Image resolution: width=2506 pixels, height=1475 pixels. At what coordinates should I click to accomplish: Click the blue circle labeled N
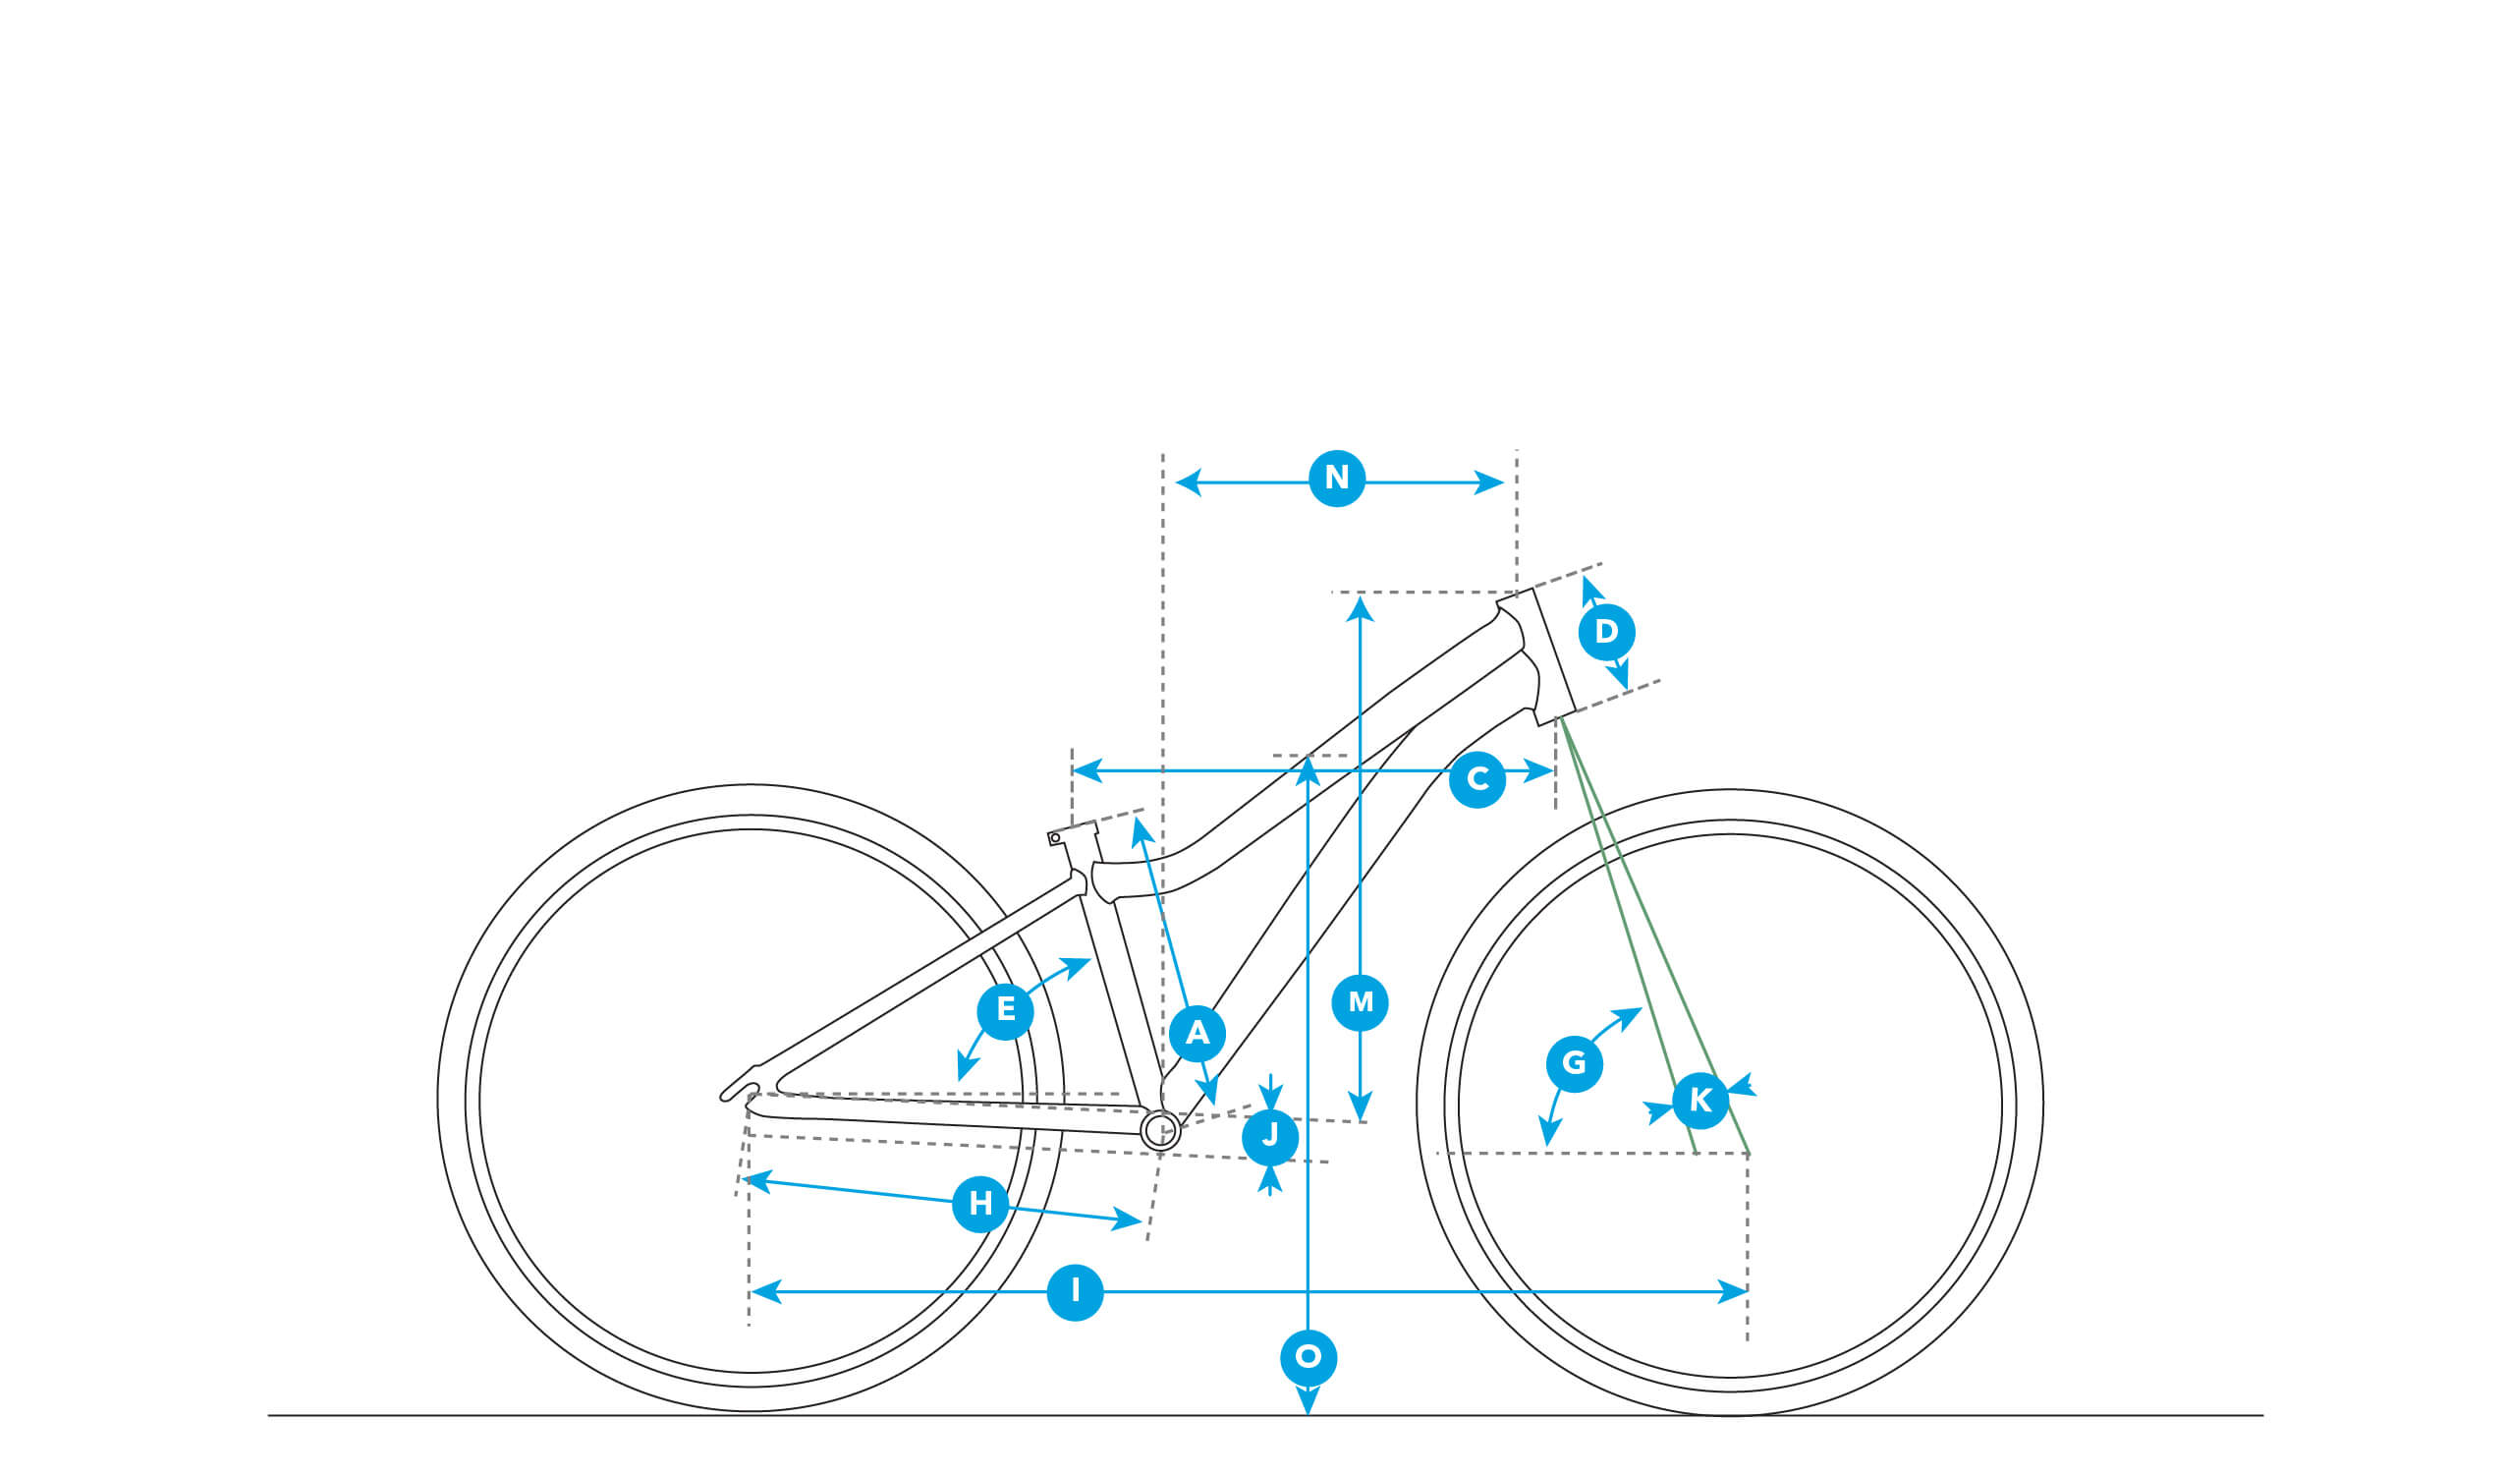[x=1337, y=479]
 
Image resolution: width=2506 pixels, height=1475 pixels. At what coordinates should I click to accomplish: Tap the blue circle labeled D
[x=1606, y=632]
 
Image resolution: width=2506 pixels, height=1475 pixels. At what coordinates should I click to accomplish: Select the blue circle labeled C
[x=1476, y=779]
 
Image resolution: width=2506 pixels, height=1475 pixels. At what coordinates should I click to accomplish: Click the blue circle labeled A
[x=1197, y=1034]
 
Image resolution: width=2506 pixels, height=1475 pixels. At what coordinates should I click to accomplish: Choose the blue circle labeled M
[x=1360, y=1002]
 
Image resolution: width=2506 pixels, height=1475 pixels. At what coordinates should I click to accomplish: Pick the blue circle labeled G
[x=1574, y=1063]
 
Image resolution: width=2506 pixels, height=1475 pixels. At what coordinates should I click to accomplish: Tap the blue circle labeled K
[x=1700, y=1100]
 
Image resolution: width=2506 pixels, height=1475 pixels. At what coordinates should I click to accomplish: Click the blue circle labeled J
[x=1270, y=1136]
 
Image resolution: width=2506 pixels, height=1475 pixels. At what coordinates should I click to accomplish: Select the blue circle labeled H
[x=980, y=1204]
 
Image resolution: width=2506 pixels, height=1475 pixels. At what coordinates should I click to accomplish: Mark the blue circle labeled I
[x=1075, y=1292]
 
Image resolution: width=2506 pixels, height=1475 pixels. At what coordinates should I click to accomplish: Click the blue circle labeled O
[x=1309, y=1357]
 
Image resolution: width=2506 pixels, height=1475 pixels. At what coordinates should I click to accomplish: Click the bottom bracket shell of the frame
[x=1159, y=1130]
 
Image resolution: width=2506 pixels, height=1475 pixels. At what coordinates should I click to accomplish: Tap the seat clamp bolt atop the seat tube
[x=1055, y=838]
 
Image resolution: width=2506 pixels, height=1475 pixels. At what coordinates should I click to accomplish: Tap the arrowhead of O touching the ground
[x=1309, y=1401]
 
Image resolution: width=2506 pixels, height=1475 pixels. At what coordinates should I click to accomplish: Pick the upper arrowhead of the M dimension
[x=1360, y=608]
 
